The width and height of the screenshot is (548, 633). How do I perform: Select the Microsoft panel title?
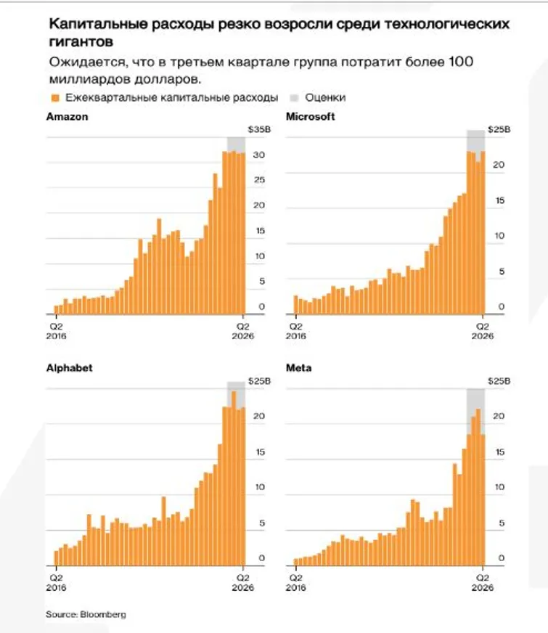pyautogui.click(x=311, y=117)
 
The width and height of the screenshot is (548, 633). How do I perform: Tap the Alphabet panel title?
pyautogui.click(x=70, y=368)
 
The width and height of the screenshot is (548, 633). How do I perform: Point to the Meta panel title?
pyautogui.click(x=299, y=368)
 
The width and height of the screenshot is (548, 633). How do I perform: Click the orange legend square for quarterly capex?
pyautogui.click(x=54, y=97)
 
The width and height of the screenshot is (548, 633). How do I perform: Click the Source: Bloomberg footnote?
pyautogui.click(x=86, y=614)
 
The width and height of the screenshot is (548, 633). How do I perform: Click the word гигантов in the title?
pyautogui.click(x=80, y=41)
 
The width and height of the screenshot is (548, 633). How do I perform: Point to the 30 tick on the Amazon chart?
pyautogui.click(x=259, y=155)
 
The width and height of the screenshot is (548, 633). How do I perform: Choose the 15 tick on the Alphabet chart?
pyautogui.click(x=261, y=452)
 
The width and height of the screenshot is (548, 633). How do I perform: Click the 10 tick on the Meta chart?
pyautogui.click(x=499, y=487)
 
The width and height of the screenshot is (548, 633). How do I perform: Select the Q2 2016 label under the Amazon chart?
pyautogui.click(x=57, y=331)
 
